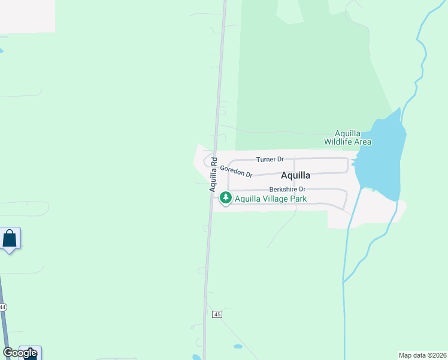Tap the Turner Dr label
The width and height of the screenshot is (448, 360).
tap(270, 160)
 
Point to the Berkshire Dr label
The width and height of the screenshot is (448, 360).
tap(287, 189)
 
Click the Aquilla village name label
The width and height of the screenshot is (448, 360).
tap(296, 175)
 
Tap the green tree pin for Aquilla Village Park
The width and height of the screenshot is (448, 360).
tap(225, 197)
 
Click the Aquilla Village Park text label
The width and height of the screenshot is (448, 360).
tap(271, 199)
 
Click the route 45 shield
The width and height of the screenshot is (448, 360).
tap(217, 314)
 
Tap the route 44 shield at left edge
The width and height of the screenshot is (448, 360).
tap(2, 307)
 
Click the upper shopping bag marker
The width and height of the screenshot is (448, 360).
tap(10, 238)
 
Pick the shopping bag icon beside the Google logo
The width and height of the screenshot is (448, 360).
tap(31, 353)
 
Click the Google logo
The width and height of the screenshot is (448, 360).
tap(19, 353)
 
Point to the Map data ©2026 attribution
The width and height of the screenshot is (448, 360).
tap(422, 355)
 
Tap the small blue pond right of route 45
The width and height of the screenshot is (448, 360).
tap(238, 347)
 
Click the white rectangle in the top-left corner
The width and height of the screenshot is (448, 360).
tap(27, 16)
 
